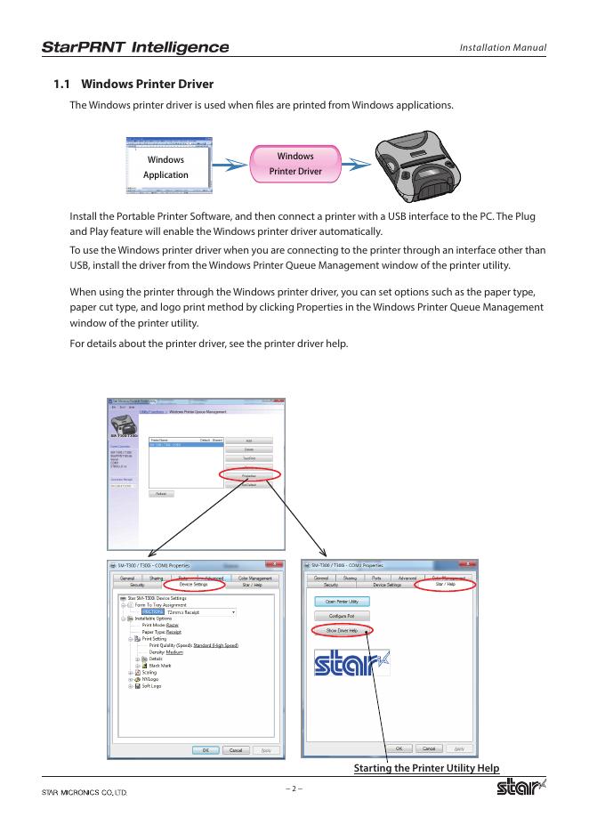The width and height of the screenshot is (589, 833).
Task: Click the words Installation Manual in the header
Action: (502, 48)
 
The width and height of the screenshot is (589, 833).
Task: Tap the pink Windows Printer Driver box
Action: (295, 163)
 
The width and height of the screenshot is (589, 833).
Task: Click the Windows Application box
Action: (166, 166)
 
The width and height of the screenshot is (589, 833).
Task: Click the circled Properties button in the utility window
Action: (249, 475)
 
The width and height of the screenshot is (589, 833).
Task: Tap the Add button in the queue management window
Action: (249, 441)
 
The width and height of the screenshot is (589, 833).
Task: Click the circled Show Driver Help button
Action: (342, 630)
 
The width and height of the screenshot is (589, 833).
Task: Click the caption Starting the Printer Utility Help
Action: (426, 768)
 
